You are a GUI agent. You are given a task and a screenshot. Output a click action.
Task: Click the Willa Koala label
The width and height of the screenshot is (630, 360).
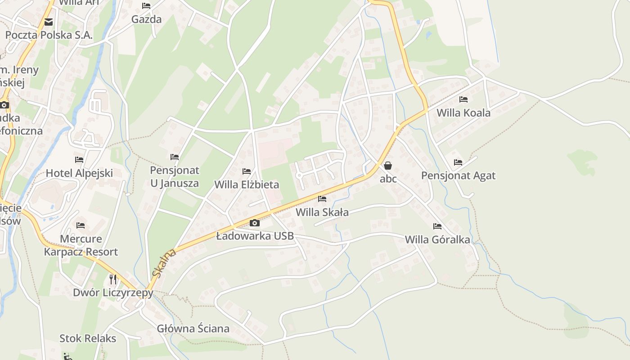click(463, 112)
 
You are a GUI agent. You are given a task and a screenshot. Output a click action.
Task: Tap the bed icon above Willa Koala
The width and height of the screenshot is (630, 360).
click(463, 99)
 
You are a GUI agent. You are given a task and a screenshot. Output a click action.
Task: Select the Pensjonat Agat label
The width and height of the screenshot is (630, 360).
click(458, 175)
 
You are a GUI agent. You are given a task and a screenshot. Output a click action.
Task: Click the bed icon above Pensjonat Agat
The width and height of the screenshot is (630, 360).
click(458, 162)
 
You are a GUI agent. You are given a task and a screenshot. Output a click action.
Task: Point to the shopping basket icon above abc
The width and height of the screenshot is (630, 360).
click(388, 166)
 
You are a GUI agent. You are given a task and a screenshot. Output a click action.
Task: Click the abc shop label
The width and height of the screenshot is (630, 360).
click(388, 179)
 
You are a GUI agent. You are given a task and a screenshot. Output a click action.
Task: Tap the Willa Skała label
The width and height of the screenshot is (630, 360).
click(322, 212)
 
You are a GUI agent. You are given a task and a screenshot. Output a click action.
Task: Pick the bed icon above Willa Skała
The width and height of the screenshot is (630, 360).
click(322, 199)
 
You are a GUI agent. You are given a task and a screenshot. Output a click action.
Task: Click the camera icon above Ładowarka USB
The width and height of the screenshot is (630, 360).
click(255, 223)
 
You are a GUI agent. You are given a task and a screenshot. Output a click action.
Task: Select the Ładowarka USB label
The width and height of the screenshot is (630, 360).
click(255, 236)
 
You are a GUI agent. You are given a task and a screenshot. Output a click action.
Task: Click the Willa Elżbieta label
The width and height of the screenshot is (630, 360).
click(247, 184)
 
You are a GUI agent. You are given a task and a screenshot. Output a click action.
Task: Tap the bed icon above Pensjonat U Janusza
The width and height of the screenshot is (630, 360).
click(175, 157)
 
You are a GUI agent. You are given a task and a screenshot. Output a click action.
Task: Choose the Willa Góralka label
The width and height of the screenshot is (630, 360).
click(437, 239)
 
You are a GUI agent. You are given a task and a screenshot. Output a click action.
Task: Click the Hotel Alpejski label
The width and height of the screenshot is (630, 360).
click(79, 173)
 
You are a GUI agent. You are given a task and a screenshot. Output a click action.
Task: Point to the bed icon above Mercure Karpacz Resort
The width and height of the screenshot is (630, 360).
click(81, 225)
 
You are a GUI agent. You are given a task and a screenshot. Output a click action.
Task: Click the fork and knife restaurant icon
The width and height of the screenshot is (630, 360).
click(113, 279)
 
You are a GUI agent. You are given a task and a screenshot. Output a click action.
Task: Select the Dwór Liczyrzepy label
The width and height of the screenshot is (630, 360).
click(113, 292)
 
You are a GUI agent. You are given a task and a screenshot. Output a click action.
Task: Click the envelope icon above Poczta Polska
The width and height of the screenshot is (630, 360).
click(49, 22)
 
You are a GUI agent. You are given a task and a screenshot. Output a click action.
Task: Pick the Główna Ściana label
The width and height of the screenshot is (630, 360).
click(193, 328)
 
